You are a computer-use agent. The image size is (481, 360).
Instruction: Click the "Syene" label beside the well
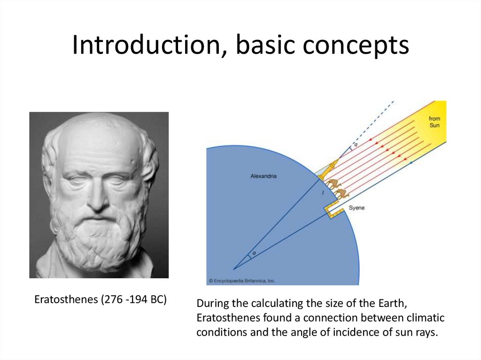coord(357,207)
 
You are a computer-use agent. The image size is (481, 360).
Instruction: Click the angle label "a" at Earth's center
coord(254,254)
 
